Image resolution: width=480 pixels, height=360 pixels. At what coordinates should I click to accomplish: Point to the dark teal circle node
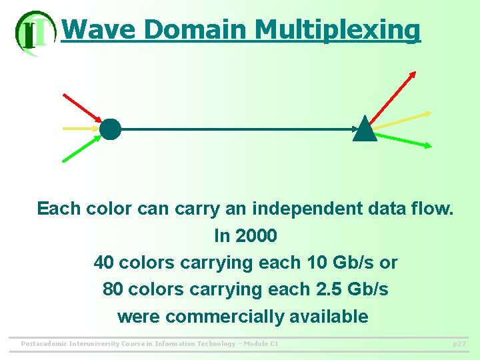coord(111,129)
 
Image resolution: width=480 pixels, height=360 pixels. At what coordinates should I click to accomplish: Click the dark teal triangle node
coord(365,130)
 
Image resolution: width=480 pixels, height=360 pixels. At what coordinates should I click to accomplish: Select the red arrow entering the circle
coord(80,107)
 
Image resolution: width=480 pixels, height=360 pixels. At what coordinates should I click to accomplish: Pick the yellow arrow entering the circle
coord(80,128)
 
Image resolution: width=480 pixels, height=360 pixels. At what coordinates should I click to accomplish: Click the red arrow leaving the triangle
coord(393,97)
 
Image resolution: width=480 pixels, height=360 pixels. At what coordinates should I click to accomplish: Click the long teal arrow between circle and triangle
coord(233,129)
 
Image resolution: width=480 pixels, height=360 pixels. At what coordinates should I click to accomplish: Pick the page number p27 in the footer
coord(459,344)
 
